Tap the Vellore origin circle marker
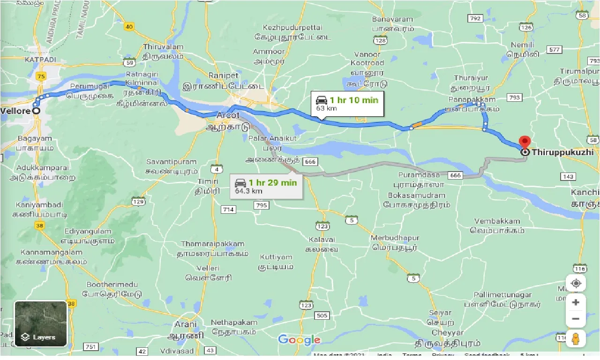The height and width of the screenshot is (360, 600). point(36,111)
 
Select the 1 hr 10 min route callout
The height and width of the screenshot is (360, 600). point(347,104)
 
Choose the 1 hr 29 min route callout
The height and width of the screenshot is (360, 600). point(266,186)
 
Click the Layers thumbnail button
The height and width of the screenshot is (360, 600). point(41,323)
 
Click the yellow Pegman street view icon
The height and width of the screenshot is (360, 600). point(576,338)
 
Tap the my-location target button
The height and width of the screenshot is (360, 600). point(576,284)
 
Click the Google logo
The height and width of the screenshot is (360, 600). point(299,340)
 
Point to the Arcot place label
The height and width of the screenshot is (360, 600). point(228,115)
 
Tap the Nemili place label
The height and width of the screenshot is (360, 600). point(523,45)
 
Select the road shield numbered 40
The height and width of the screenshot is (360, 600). point(129,27)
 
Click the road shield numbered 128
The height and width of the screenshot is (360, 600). point(380,41)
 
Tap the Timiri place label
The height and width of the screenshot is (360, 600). point(208,181)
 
